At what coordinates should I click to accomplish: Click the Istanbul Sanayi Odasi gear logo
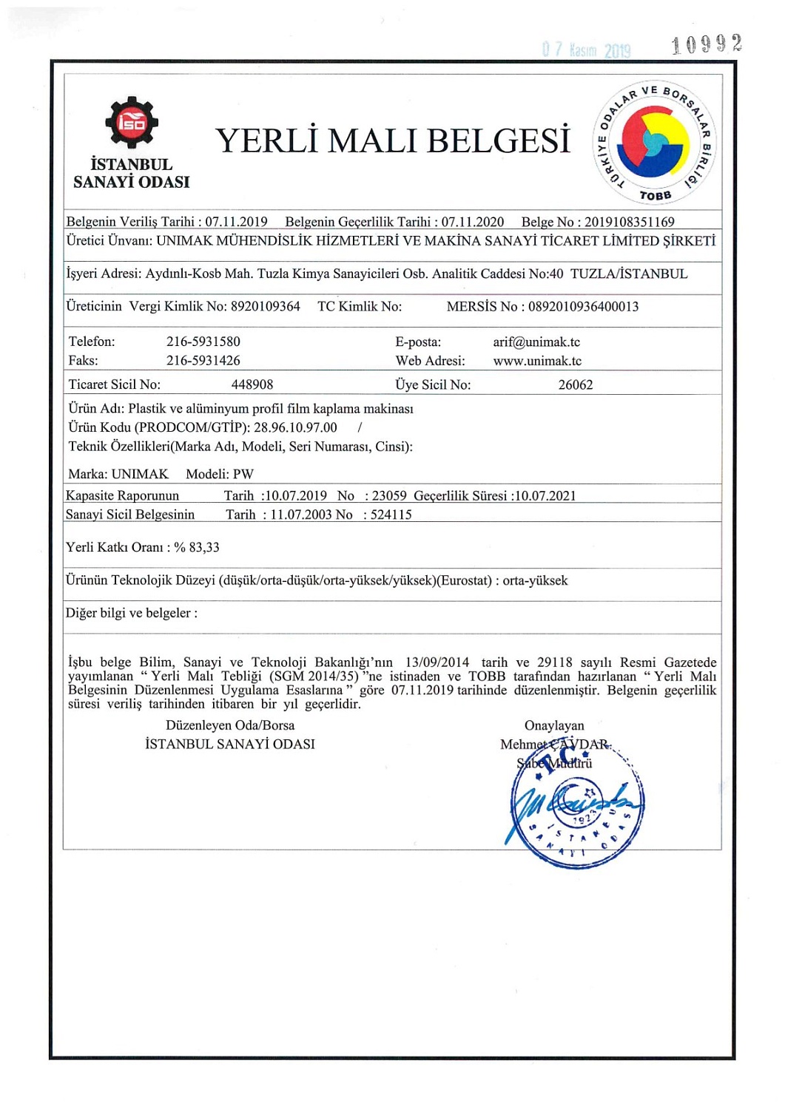131,122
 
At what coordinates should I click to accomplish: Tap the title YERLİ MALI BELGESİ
393,141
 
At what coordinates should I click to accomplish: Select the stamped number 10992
706,45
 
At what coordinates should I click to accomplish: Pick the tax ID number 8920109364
265,306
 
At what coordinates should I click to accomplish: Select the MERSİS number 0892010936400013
583,306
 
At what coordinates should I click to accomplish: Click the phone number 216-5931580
203,342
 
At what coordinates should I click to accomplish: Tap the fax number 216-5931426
203,361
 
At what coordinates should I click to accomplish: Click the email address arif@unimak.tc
536,342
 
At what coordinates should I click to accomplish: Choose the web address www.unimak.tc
537,361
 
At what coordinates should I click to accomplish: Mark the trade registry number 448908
252,384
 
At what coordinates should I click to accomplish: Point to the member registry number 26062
575,384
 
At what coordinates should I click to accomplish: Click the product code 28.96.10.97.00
295,427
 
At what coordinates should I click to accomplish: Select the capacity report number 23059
389,495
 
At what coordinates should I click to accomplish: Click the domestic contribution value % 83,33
197,547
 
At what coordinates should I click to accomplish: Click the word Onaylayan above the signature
554,725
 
